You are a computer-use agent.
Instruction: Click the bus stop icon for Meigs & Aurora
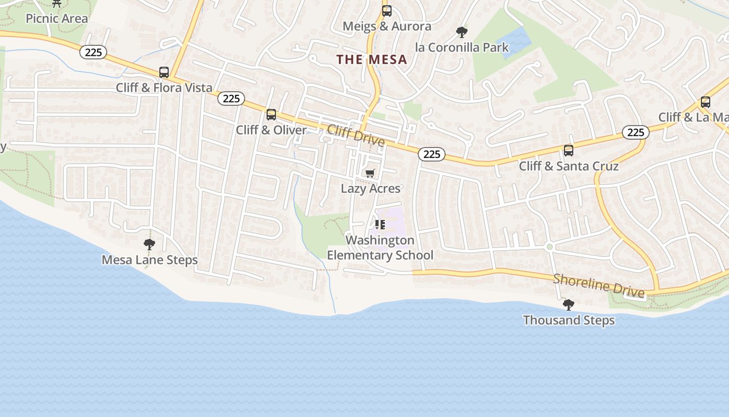click(x=386, y=10)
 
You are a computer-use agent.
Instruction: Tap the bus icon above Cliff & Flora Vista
click(x=164, y=72)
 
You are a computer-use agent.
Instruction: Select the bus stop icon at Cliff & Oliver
click(x=271, y=114)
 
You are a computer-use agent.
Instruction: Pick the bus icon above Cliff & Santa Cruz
click(x=569, y=150)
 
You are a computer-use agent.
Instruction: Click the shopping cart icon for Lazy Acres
click(x=370, y=173)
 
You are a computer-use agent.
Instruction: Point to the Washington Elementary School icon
click(x=380, y=225)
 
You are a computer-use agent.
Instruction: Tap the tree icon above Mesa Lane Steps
click(x=149, y=244)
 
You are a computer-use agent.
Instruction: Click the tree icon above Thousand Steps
click(x=569, y=304)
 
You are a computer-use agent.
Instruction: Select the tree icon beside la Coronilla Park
click(x=461, y=32)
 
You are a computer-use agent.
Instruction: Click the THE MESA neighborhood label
click(x=372, y=59)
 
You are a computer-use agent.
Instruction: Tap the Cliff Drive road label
click(x=356, y=136)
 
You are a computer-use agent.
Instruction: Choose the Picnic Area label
click(x=57, y=19)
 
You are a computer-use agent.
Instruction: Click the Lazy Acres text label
click(x=371, y=188)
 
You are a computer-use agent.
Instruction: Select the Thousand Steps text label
click(x=569, y=320)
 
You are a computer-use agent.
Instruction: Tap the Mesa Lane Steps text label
click(x=149, y=260)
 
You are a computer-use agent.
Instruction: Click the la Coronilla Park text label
click(x=462, y=47)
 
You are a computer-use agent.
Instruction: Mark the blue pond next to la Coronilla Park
click(x=513, y=42)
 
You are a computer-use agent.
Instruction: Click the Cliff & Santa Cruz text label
click(x=569, y=166)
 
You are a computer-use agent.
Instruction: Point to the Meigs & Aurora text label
click(x=387, y=26)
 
